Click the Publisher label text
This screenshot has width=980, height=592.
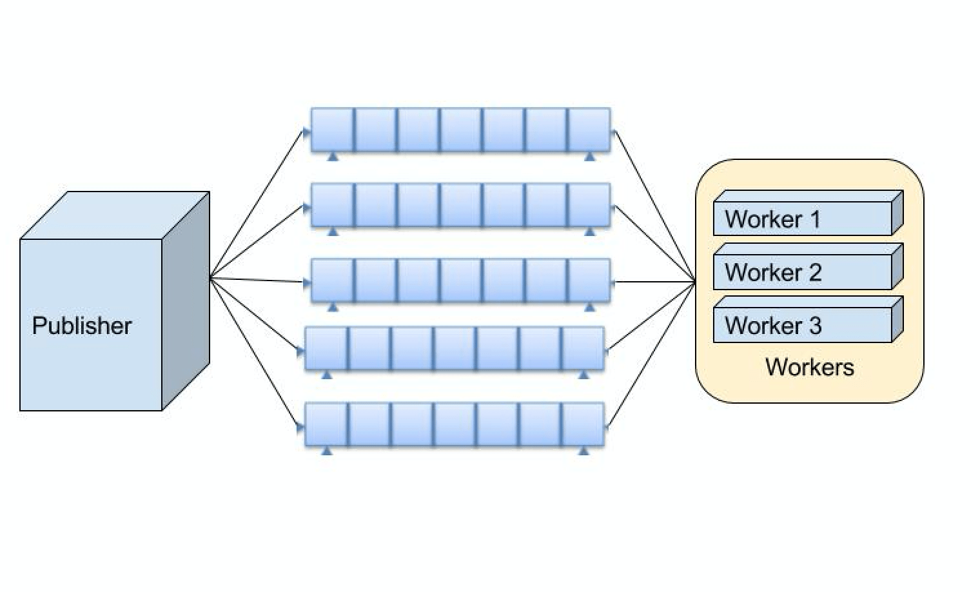coord(82,326)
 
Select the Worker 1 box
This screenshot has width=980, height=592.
coord(803,219)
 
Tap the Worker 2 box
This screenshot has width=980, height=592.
coord(803,272)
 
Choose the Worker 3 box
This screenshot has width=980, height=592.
coord(803,325)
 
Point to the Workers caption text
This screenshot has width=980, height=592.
coord(809,367)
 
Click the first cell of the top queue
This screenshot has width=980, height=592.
coord(333,130)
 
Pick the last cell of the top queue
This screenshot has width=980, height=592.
coord(589,130)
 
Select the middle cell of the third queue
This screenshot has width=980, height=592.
coord(460,281)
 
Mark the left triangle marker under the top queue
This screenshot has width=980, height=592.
coord(333,157)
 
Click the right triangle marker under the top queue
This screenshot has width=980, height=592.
coord(589,157)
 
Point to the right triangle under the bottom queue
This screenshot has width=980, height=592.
coord(583,451)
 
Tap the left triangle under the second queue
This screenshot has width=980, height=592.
coord(333,232)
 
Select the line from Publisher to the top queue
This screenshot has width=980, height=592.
coord(257,204)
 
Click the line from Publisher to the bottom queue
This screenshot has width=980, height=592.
coord(255,351)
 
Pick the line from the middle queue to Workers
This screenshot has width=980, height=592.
coord(654,282)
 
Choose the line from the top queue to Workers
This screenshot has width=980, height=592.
coord(655,206)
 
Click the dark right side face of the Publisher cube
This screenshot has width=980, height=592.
coord(186,300)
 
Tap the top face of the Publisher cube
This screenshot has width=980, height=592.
coord(116,215)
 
